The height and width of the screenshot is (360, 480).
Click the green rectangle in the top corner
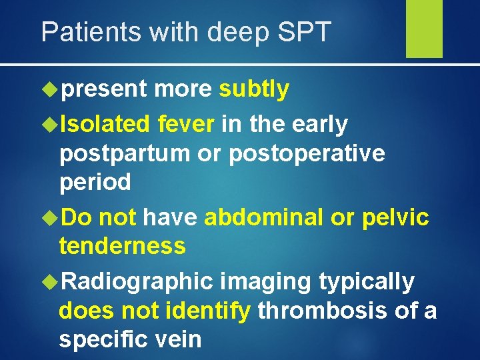(424, 28)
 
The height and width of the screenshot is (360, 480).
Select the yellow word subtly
(254, 89)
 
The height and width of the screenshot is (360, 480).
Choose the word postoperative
(307, 153)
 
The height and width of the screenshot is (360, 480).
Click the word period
(95, 183)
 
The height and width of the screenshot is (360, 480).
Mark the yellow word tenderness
(122, 245)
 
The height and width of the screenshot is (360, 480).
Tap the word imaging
(265, 282)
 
